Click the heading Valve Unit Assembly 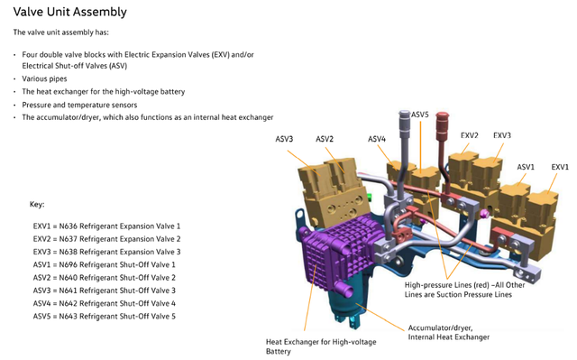click(70, 12)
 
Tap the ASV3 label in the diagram click(284, 139)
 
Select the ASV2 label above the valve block click(325, 139)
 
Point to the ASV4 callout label click(377, 139)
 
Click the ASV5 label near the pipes click(420, 115)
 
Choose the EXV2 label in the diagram click(469, 135)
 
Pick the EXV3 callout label click(502, 135)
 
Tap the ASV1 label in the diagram click(526, 167)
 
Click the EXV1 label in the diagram click(560, 167)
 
